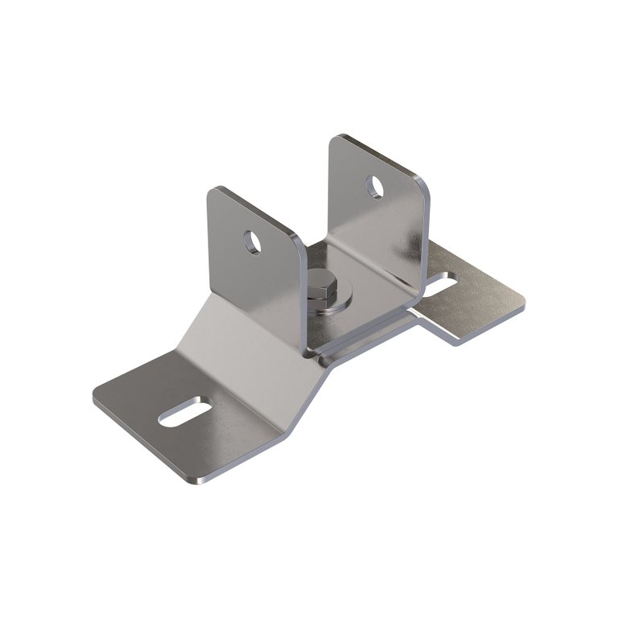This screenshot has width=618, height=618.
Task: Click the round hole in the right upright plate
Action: [375, 187]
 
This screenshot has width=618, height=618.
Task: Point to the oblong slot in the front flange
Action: [185, 411]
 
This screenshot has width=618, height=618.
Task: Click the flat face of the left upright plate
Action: [241, 274]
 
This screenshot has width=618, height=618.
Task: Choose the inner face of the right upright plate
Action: [378, 225]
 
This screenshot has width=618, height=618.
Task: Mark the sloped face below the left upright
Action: [241, 338]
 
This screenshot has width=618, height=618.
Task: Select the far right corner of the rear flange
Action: [521, 305]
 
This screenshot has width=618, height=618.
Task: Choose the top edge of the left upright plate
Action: [253, 211]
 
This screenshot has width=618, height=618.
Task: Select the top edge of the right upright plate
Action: [378, 154]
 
